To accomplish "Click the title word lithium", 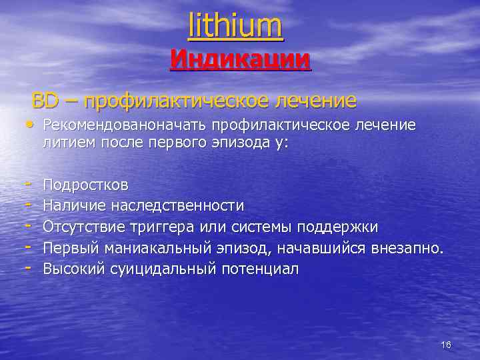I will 236,26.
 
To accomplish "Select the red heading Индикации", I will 240,59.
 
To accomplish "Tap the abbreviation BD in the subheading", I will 45,101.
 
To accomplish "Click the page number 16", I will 446,345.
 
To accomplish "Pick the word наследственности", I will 177,205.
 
